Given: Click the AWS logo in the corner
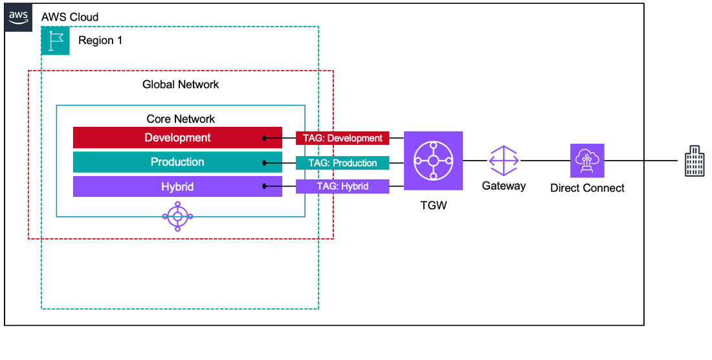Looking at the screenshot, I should (18, 16).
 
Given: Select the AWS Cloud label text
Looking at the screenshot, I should (70, 16).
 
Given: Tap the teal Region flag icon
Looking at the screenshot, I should (55, 40).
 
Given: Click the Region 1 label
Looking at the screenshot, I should (100, 40).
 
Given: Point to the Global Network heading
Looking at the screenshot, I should (181, 84).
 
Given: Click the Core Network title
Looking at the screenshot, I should (181, 119).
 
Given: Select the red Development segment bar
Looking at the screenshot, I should (177, 137).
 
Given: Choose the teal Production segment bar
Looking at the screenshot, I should (177, 162).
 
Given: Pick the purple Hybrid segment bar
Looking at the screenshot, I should (177, 187).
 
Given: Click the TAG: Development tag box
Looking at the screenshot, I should (342, 138).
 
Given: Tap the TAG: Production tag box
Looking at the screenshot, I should (342, 163).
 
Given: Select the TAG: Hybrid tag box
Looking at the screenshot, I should (342, 186).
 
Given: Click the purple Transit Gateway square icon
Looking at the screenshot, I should (433, 161).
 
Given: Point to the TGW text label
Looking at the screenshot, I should (433, 206).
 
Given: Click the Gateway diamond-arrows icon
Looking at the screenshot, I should (504, 161).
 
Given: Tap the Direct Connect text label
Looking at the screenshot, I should (587, 188).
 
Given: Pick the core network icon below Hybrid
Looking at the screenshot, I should (178, 216).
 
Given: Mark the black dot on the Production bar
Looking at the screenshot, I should (265, 163).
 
